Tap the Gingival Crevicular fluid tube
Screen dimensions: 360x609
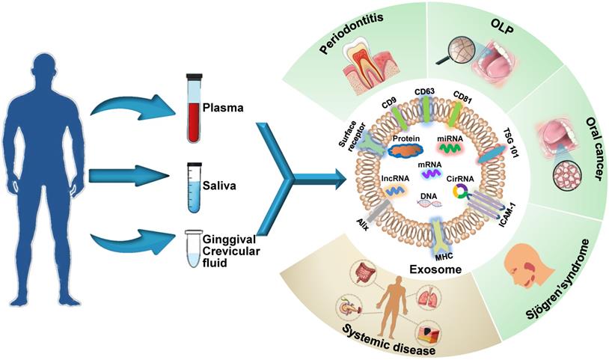pyautogui.click(x=195, y=251)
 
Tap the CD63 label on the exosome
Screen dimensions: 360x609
pyautogui.click(x=425, y=92)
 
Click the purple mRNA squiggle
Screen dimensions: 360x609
pyautogui.click(x=429, y=173)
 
